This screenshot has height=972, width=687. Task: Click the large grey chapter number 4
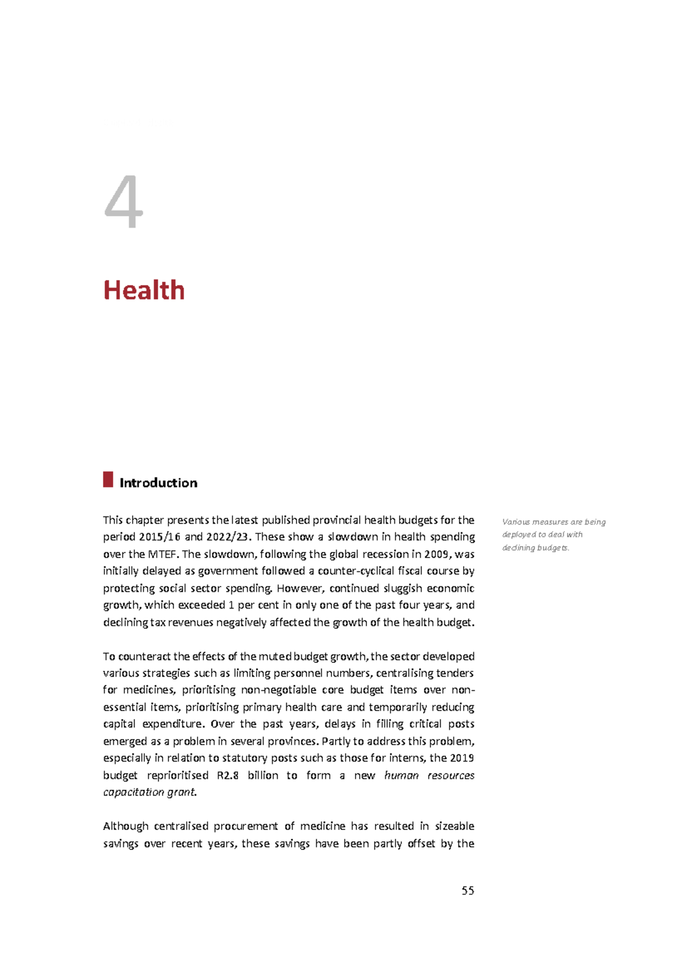124,201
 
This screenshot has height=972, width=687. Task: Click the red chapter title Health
144,290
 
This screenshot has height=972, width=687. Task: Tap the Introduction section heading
158,483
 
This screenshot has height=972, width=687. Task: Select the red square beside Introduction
108,479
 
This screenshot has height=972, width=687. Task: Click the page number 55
467,890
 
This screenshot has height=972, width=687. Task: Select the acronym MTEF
163,554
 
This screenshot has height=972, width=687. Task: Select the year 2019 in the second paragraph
462,758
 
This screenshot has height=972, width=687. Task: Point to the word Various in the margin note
515,522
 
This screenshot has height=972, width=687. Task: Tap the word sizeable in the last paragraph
455,826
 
